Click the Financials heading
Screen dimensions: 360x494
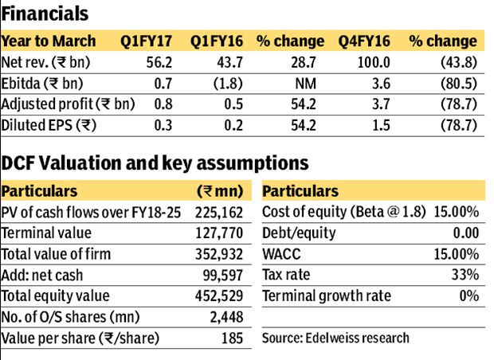[45, 14]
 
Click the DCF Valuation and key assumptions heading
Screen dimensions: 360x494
[155, 164]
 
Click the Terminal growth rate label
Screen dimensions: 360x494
[327, 295]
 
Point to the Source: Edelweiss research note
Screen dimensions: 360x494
[335, 338]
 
